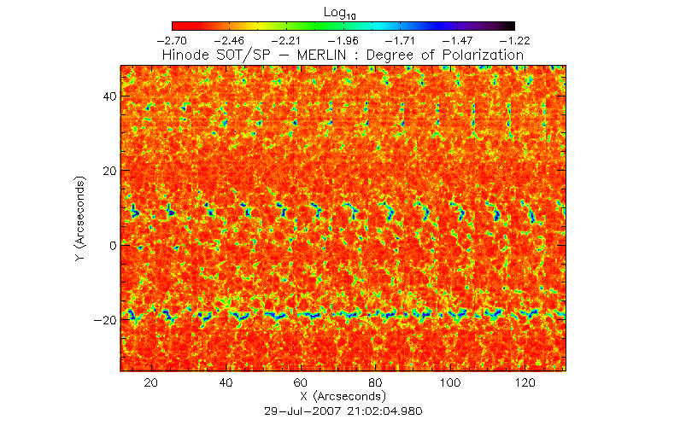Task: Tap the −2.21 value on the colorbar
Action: pyautogui.click(x=286, y=40)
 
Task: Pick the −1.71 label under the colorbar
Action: pyautogui.click(x=400, y=40)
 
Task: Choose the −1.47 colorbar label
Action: pyautogui.click(x=457, y=40)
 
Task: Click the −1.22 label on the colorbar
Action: pyautogui.click(x=513, y=40)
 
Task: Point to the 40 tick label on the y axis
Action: pyautogui.click(x=108, y=97)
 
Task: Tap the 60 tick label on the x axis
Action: pyautogui.click(x=301, y=384)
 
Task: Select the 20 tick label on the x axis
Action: pyautogui.click(x=152, y=384)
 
